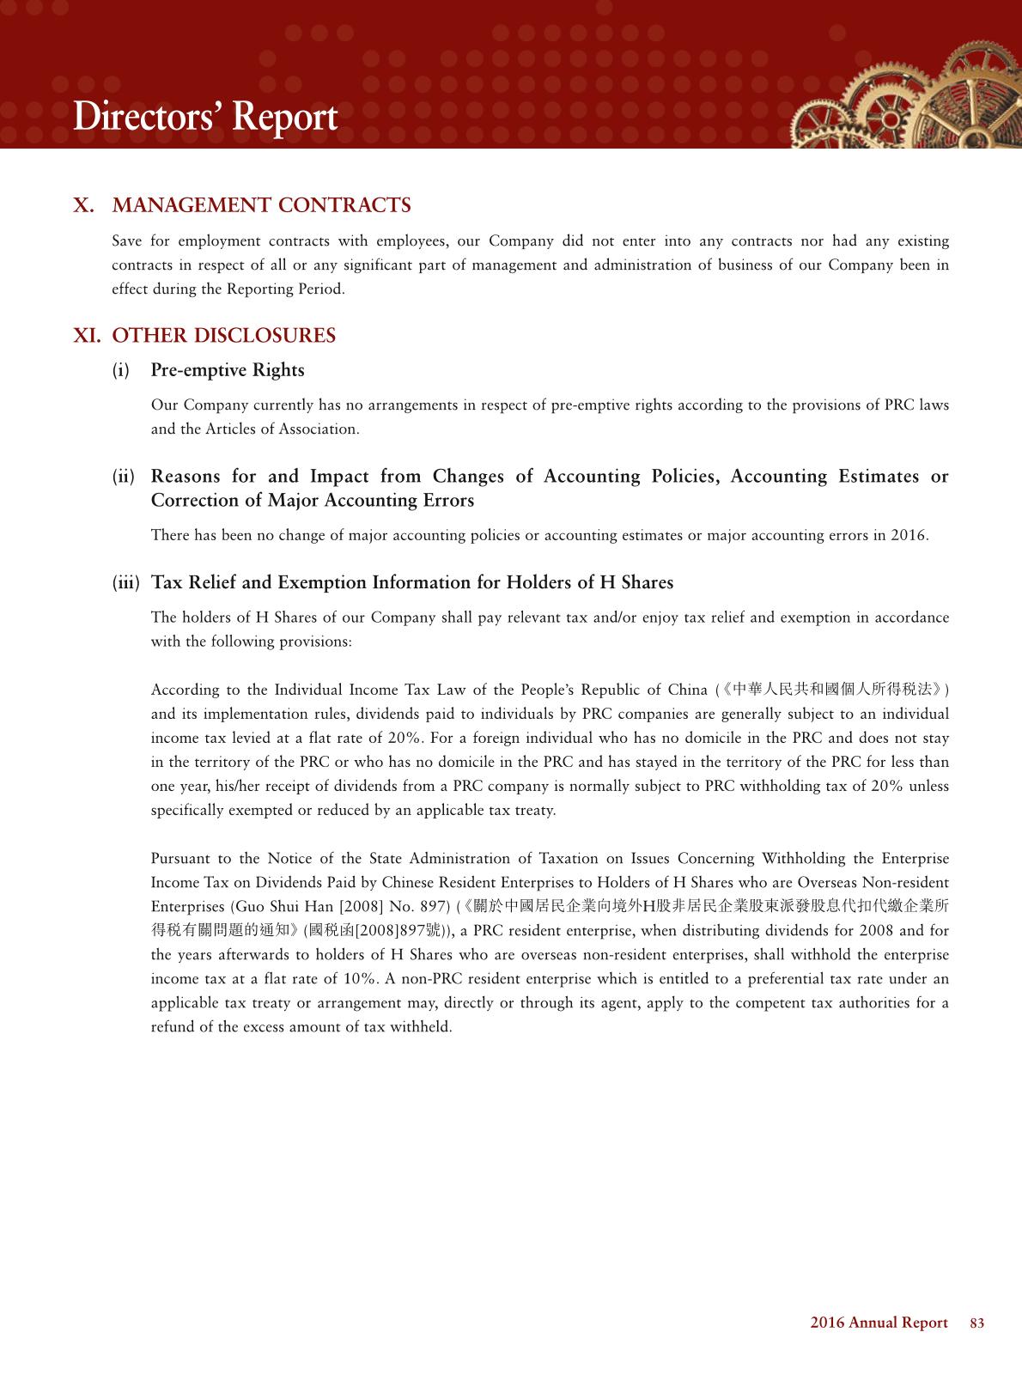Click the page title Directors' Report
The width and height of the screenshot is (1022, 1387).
[x=205, y=117]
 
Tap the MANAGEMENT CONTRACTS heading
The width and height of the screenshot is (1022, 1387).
[x=261, y=205]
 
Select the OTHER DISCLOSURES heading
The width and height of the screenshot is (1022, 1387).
[x=223, y=336]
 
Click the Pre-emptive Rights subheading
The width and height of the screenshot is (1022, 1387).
[x=228, y=370]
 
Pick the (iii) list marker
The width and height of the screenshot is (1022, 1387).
[x=126, y=583]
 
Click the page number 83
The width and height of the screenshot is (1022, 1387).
[x=976, y=1323]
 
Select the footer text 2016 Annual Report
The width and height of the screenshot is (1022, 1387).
[x=879, y=1323]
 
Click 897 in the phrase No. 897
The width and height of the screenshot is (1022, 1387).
[x=435, y=907]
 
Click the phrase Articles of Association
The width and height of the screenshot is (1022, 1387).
[x=282, y=429]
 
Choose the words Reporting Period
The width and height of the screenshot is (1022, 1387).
[x=285, y=289]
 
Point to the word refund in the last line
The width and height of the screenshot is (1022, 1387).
[x=172, y=1027]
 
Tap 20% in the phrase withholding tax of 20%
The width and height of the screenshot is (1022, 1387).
[x=886, y=787]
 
